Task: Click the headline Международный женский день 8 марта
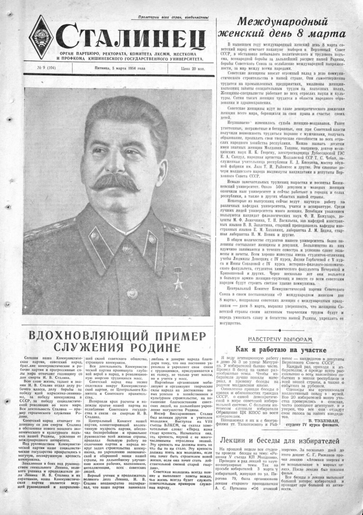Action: (x=286, y=28)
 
